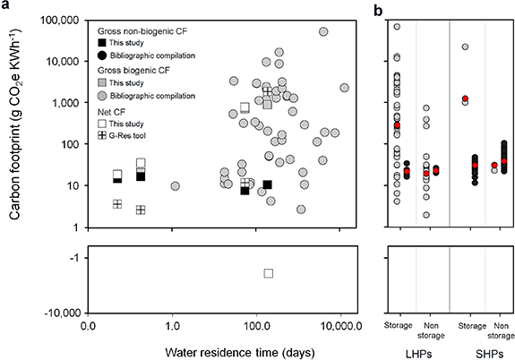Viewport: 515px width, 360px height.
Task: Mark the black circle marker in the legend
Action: pyautogui.click(x=105, y=56)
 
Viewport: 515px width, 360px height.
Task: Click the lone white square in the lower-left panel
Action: pyautogui.click(x=268, y=273)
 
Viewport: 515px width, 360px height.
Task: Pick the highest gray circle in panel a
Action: pyautogui.click(x=323, y=32)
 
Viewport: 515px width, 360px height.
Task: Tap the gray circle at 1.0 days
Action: pyautogui.click(x=176, y=186)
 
